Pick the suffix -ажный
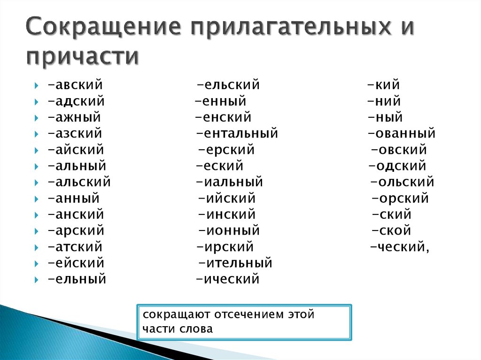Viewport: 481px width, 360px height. click(74, 117)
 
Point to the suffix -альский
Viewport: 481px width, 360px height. click(79, 182)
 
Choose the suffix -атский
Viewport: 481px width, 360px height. click(75, 247)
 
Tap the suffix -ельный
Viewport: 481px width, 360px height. click(77, 279)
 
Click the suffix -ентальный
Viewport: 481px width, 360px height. click(237, 133)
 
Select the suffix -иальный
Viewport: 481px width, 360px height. click(230, 182)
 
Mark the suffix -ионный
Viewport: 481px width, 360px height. click(229, 230)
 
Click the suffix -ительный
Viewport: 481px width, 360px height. click(235, 263)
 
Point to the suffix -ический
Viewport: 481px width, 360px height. click(227, 279)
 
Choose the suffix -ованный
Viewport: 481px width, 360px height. click(402, 133)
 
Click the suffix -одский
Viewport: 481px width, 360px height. click(397, 166)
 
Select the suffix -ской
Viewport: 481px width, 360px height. click(391, 230)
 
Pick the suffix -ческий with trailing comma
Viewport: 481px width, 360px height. click(400, 247)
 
